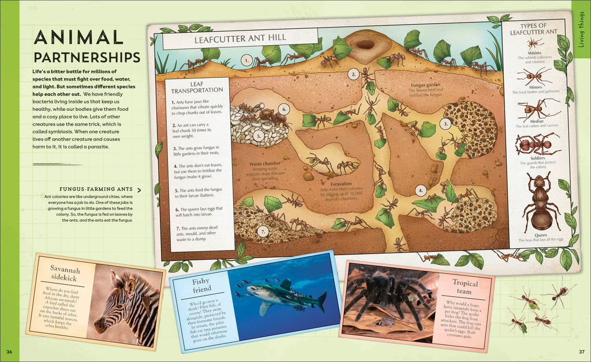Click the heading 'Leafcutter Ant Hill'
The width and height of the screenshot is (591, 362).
[x=240, y=39]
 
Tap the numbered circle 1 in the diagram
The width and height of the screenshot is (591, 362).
[x=246, y=60]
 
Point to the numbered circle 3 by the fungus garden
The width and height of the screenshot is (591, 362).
[x=444, y=123]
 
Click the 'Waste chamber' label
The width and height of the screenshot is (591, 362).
[x=265, y=164]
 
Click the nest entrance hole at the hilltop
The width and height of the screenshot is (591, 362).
[x=365, y=44]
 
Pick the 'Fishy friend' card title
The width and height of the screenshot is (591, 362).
[x=201, y=284]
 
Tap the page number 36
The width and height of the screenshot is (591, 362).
[x=9, y=352]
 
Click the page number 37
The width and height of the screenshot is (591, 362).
[x=581, y=352]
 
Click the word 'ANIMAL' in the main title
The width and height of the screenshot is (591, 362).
[x=78, y=38]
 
